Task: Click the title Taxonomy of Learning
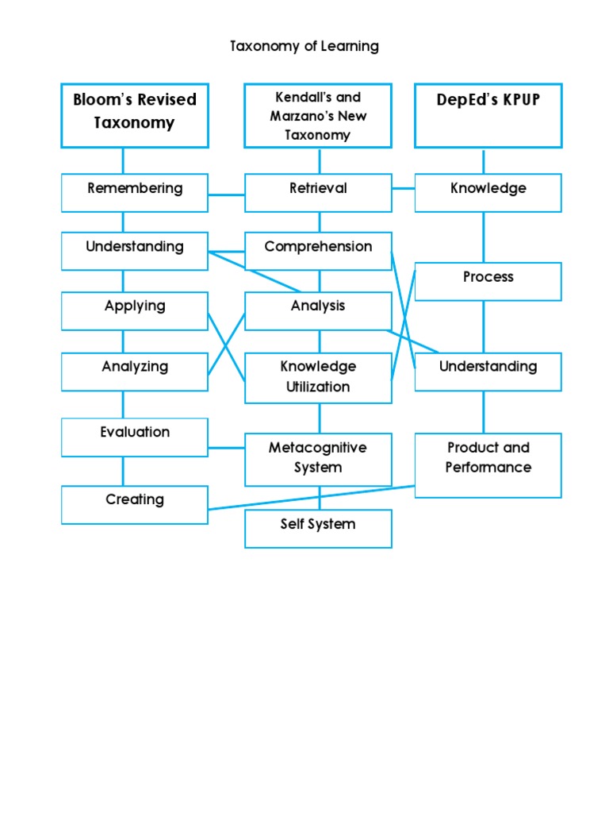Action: (x=304, y=46)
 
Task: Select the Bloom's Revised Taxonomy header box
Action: (x=135, y=115)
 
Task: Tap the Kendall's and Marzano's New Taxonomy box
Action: (x=318, y=116)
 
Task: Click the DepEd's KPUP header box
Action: (x=488, y=115)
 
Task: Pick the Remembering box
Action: (x=135, y=193)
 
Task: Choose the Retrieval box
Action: (x=318, y=193)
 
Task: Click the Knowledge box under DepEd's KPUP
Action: (x=488, y=193)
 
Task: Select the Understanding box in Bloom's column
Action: (x=135, y=251)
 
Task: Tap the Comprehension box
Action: (x=318, y=251)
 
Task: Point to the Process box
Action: (x=488, y=281)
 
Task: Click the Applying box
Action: (x=135, y=310)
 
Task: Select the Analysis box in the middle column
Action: (x=318, y=310)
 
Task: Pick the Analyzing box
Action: (x=135, y=371)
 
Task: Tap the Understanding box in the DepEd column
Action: (x=488, y=372)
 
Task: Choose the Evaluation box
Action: (x=135, y=437)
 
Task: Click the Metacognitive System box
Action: (x=318, y=459)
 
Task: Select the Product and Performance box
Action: (x=488, y=464)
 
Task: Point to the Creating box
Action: (x=135, y=504)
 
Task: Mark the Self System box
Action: (x=318, y=528)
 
